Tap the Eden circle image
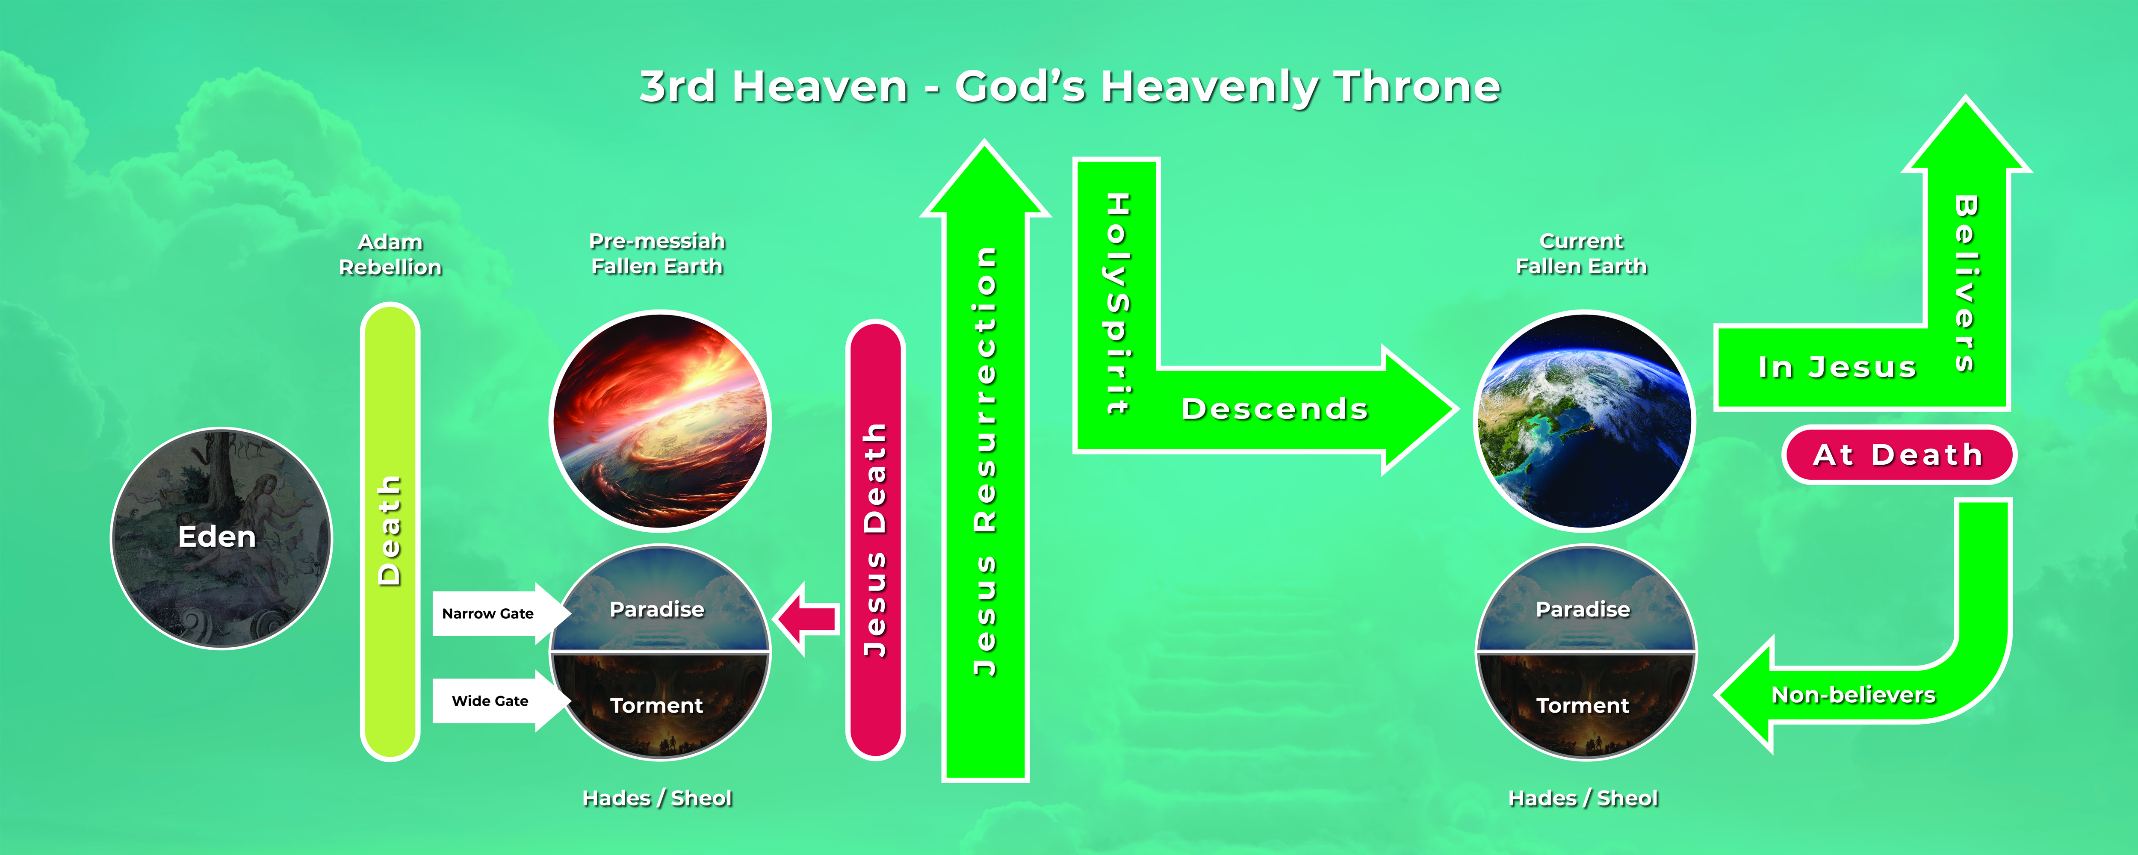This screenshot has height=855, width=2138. pos(221,538)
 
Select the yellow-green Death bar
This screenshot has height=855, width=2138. pos(389,531)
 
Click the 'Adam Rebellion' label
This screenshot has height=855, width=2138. pos(390,254)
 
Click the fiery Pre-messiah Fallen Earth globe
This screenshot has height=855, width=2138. pos(661,420)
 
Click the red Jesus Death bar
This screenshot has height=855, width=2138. pos(875,540)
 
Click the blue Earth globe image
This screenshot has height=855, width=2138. pos(1584,420)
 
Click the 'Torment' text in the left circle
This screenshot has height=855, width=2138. pos(656,705)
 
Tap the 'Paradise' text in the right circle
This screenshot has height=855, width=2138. pos(1583,609)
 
